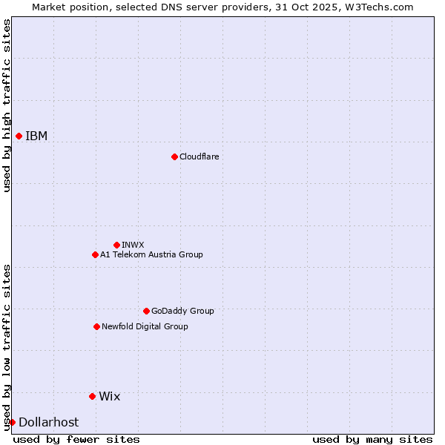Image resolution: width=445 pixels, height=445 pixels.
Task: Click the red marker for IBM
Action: click(19, 136)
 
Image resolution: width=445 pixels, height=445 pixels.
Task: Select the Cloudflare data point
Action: click(174, 156)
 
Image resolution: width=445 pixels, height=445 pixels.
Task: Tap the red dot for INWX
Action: click(116, 245)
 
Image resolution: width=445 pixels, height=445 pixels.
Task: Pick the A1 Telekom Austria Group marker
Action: click(95, 254)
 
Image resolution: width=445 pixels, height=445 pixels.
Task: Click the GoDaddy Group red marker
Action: click(146, 311)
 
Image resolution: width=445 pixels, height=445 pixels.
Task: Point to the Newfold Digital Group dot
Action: click(96, 326)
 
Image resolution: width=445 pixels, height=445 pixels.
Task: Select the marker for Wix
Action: click(92, 396)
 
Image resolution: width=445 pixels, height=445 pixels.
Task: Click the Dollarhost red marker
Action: click(12, 422)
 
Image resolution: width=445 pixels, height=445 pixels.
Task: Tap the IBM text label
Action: click(36, 136)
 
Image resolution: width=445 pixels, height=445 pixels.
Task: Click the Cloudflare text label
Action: click(199, 156)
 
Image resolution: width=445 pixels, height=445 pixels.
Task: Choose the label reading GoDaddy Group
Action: click(182, 311)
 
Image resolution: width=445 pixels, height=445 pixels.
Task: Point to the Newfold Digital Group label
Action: click(145, 326)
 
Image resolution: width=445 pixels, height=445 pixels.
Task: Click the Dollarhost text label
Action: click(48, 422)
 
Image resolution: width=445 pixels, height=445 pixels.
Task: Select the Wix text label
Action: click(109, 396)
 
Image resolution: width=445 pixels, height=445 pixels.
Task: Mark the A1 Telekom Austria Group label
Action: click(151, 254)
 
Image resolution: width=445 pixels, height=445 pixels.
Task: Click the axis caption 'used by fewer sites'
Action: click(76, 439)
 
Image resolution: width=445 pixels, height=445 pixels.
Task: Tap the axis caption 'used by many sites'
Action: click(372, 439)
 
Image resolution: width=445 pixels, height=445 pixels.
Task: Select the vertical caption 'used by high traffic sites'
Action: click(7, 105)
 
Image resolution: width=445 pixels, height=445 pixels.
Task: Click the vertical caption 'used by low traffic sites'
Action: click(7, 346)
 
